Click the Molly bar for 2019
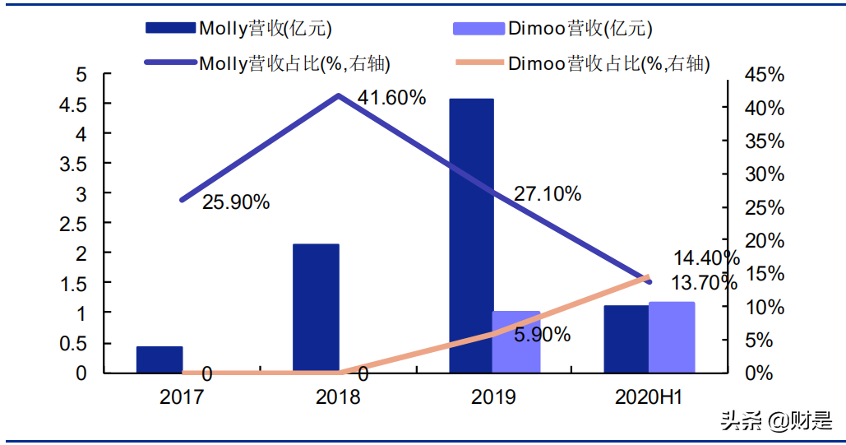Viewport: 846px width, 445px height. tap(471, 235)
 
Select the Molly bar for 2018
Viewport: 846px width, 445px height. tap(316, 308)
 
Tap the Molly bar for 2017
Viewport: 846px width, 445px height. tap(159, 359)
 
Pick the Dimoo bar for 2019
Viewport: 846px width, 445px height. tap(516, 341)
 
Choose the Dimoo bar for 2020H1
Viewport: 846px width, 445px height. tap(672, 337)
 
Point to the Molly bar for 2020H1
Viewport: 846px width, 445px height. tap(626, 339)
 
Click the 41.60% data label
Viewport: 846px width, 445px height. tap(392, 98)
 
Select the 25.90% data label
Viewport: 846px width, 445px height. tap(236, 201)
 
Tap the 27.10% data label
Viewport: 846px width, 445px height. tap(548, 194)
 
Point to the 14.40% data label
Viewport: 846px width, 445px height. tap(706, 258)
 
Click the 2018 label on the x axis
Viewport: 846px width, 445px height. tap(338, 398)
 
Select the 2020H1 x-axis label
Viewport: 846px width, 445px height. tap(650, 398)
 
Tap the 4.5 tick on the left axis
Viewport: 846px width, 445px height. tap(76, 104)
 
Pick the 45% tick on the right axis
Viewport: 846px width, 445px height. tap(764, 75)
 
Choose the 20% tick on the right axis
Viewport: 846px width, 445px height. tap(764, 240)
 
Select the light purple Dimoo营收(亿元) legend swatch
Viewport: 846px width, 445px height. tap(478, 29)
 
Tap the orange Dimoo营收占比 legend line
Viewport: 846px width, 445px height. tap(478, 63)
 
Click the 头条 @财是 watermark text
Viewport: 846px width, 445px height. tap(776, 421)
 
